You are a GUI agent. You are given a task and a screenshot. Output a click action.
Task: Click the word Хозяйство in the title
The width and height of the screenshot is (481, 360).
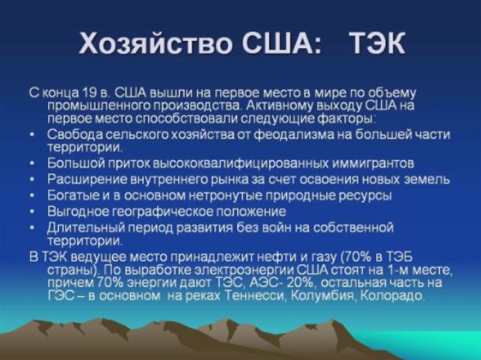[155, 43]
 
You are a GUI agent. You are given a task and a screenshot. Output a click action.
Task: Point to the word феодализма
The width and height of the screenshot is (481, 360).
[294, 135]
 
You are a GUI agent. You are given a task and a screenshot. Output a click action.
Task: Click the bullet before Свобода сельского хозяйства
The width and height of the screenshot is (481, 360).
[32, 135]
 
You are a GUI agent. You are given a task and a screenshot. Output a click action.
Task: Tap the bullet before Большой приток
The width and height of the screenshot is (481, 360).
[32, 164]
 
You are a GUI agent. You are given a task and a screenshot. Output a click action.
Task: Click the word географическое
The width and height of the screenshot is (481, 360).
[162, 212]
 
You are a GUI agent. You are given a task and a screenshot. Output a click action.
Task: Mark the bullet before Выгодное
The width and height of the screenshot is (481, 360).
[32, 212]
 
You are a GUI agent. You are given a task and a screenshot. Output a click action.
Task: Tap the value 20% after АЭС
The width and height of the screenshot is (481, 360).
[299, 283]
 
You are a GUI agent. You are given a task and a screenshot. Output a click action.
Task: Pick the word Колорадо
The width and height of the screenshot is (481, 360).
[392, 295]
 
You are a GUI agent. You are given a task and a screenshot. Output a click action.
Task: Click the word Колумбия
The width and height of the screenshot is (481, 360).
[323, 295]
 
